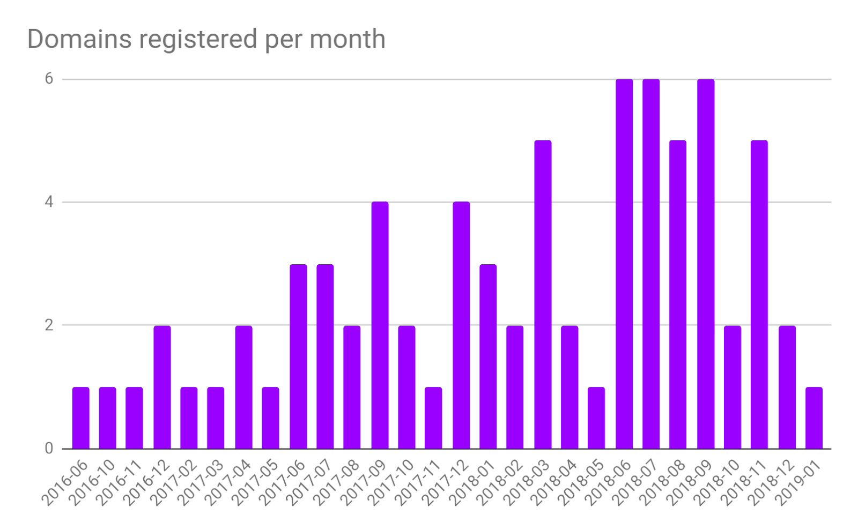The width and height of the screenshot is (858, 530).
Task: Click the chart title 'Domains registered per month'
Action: pyautogui.click(x=206, y=40)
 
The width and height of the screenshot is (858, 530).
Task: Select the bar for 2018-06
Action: pyautogui.click(x=624, y=264)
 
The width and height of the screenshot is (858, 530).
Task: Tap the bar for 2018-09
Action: pyautogui.click(x=706, y=264)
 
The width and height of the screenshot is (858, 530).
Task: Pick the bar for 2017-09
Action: pyautogui.click(x=380, y=325)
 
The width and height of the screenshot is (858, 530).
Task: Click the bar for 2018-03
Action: pyautogui.click(x=543, y=294)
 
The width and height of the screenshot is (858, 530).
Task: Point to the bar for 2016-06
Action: pyautogui.click(x=81, y=417)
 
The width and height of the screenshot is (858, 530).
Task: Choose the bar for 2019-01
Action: pyautogui.click(x=814, y=417)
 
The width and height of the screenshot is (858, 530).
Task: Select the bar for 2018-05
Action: pyautogui.click(x=596, y=417)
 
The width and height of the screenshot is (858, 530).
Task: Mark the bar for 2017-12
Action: pyautogui.click(x=461, y=325)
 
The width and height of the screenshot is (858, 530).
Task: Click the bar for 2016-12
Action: pyautogui.click(x=162, y=386)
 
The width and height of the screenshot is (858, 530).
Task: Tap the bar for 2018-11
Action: pyautogui.click(x=759, y=294)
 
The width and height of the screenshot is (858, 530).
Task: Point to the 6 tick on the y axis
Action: pyautogui.click(x=49, y=79)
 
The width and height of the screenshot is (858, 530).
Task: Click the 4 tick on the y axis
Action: pyautogui.click(x=49, y=202)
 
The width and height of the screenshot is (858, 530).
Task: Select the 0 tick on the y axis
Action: pyautogui.click(x=49, y=448)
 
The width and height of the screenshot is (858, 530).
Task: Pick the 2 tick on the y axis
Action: pyautogui.click(x=49, y=325)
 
